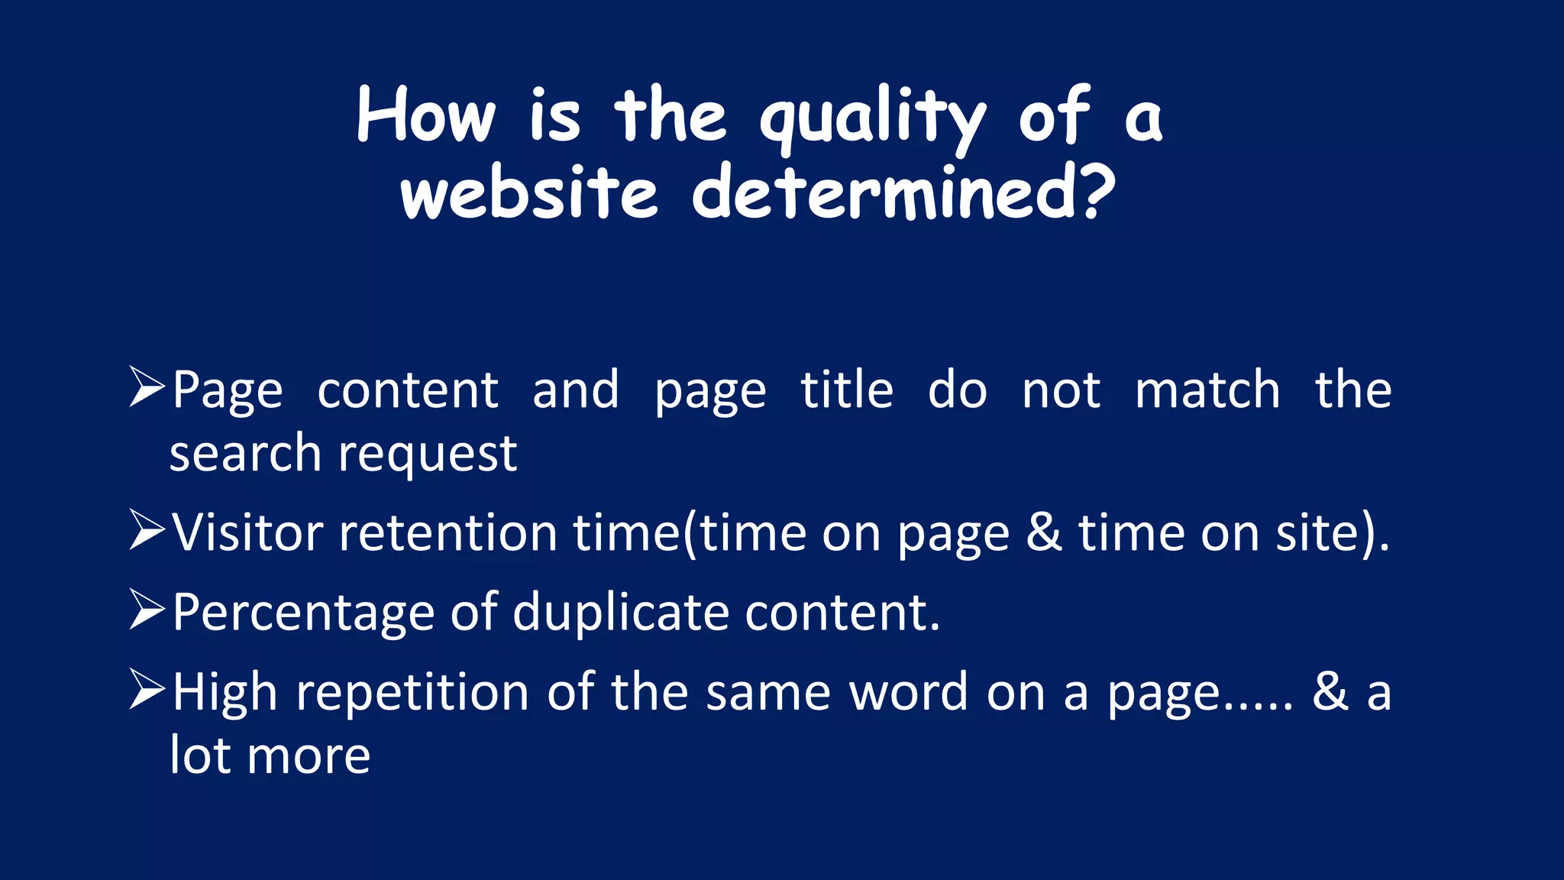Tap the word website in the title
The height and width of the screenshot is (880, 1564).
click(528, 192)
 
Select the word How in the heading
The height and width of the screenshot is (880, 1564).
click(426, 116)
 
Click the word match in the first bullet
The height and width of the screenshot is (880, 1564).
click(1207, 390)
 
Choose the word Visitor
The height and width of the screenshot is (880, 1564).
click(247, 532)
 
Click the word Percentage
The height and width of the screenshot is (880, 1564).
click(303, 613)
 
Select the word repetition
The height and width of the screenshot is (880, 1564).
click(412, 693)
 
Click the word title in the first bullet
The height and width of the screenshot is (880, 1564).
click(847, 390)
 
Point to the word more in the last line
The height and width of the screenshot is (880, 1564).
click(309, 756)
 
